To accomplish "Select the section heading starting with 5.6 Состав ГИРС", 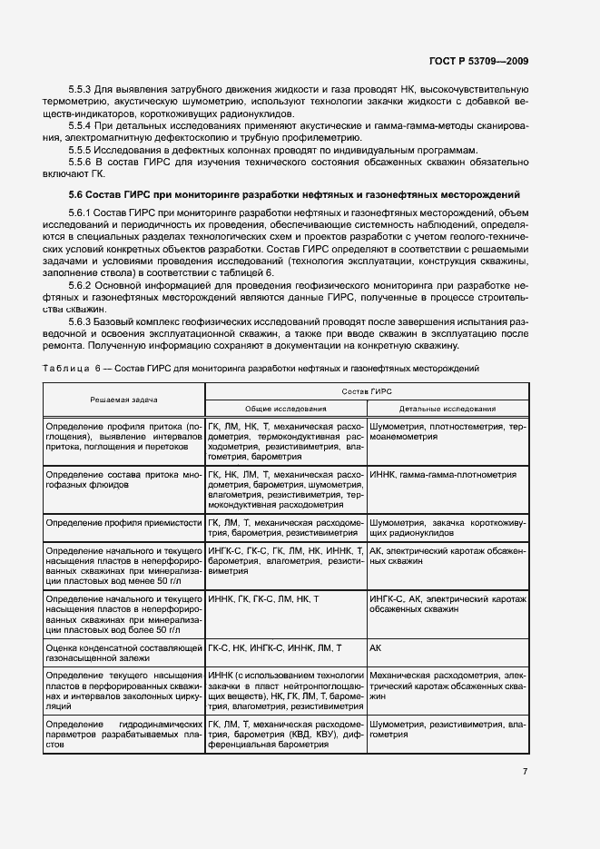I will coord(294,194).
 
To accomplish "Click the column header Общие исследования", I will coord(285,409).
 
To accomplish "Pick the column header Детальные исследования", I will coord(448,409).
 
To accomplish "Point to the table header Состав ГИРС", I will coord(367,390).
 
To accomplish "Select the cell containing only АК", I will coord(377,647).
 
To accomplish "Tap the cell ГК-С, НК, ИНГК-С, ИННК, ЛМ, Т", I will coord(275,647).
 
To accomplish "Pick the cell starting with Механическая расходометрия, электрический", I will coord(448,682).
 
